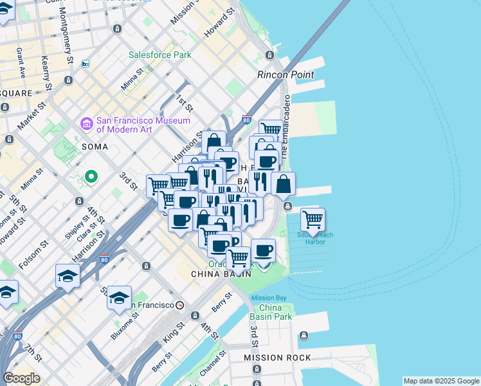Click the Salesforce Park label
(x=159, y=55)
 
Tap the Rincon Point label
(x=286, y=75)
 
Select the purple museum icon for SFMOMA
(x=86, y=123)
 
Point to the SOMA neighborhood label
(x=95, y=147)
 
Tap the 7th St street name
(x=33, y=353)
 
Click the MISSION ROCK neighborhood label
(x=277, y=358)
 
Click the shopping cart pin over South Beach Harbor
(x=313, y=220)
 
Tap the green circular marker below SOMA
(x=91, y=176)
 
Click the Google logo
(x=21, y=378)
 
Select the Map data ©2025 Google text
(x=441, y=381)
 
